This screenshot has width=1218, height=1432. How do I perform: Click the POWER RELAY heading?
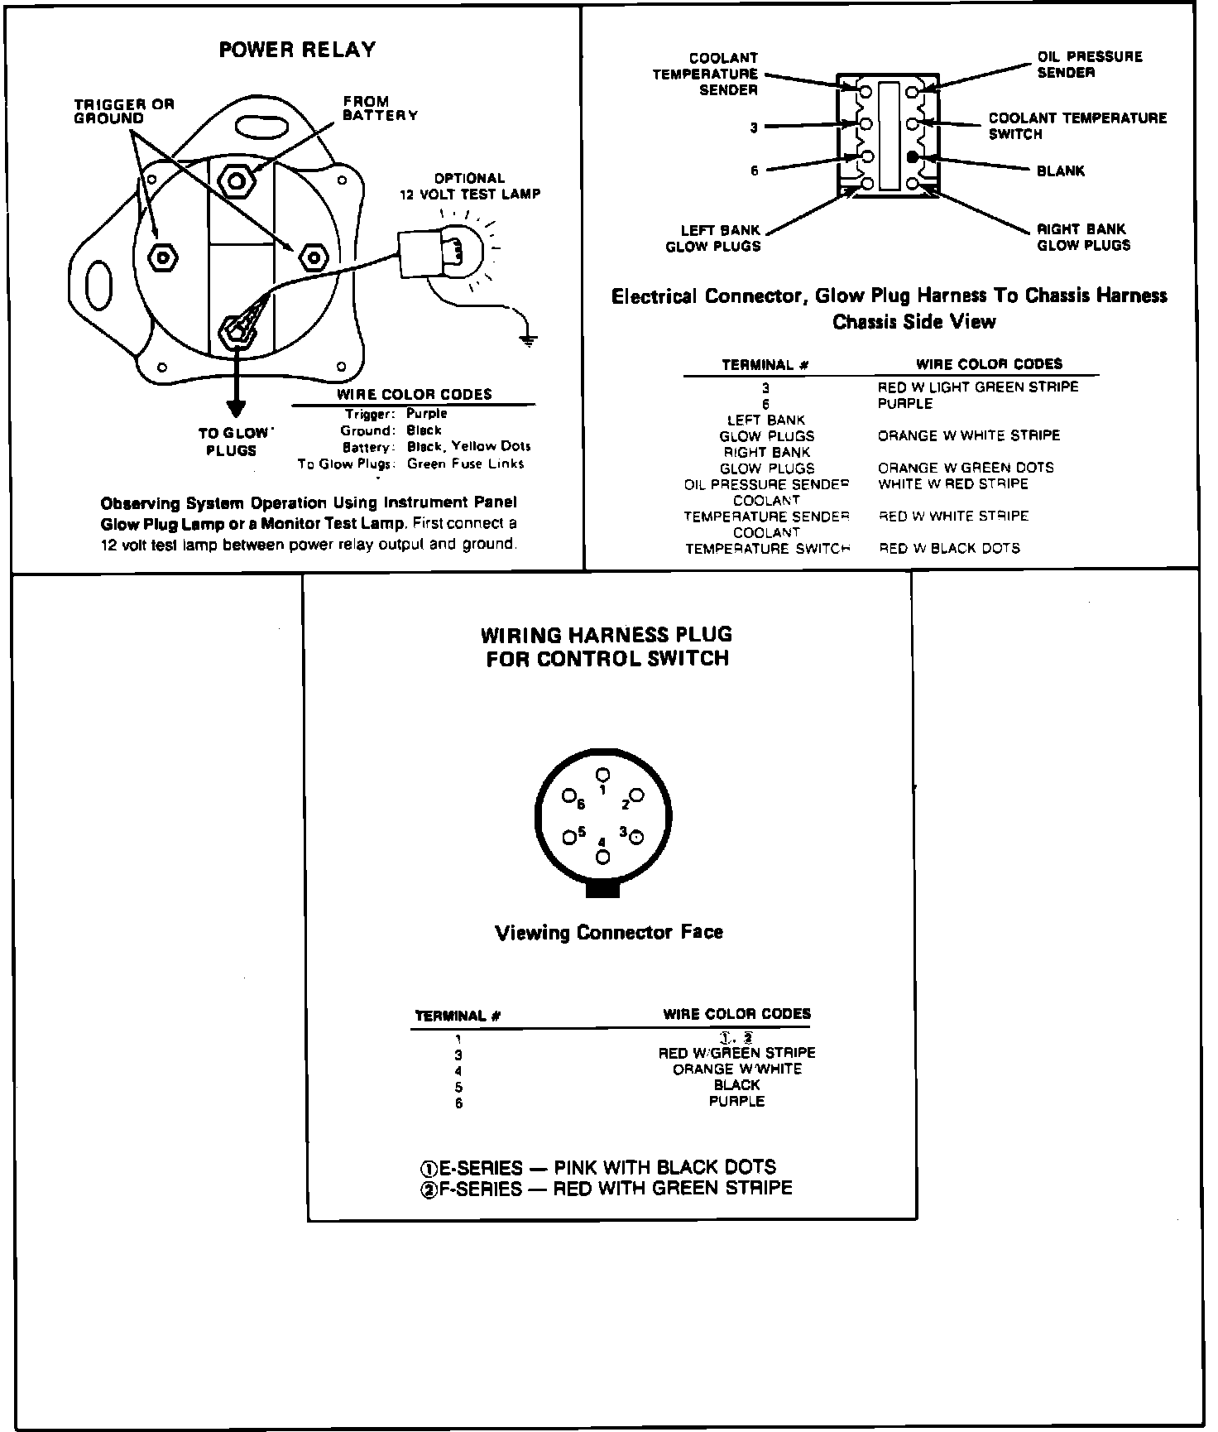(297, 50)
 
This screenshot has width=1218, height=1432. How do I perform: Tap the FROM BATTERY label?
(380, 108)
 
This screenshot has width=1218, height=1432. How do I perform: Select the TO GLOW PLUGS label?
(233, 442)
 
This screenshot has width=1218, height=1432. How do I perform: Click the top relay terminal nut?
(237, 180)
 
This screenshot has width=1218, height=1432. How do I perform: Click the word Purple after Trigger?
(426, 414)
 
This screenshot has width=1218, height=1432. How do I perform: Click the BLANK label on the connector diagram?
(1061, 171)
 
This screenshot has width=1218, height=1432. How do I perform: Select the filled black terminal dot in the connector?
(912, 156)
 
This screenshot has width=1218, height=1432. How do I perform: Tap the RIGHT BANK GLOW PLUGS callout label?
(1083, 238)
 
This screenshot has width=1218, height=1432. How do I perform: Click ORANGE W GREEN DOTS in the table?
(966, 468)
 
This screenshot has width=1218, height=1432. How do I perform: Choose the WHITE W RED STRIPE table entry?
(952, 483)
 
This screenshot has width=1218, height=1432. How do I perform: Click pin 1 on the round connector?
(603, 775)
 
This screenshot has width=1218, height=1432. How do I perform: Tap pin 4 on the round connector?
(602, 858)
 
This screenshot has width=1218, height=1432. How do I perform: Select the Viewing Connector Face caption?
(608, 933)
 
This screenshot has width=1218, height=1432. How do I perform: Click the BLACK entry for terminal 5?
(736, 1085)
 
